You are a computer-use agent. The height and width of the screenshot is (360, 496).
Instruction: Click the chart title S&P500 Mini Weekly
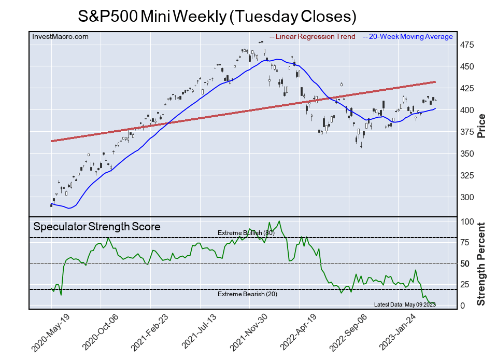tap(217, 17)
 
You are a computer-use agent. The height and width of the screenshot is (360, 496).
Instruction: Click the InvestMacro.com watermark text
tap(61, 36)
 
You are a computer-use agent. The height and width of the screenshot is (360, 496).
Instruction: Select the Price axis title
tap(481, 126)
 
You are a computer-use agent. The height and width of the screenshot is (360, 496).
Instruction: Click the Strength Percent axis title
tap(481, 264)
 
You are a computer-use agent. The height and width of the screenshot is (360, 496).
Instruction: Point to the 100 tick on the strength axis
tap(468, 222)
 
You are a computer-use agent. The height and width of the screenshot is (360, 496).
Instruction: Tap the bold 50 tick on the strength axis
tap(466, 264)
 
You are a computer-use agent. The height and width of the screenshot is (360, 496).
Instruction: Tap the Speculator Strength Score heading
tap(97, 227)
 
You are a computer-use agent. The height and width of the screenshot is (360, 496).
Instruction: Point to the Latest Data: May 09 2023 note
tap(404, 304)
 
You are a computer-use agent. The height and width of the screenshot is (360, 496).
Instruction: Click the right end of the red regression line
tap(434, 82)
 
